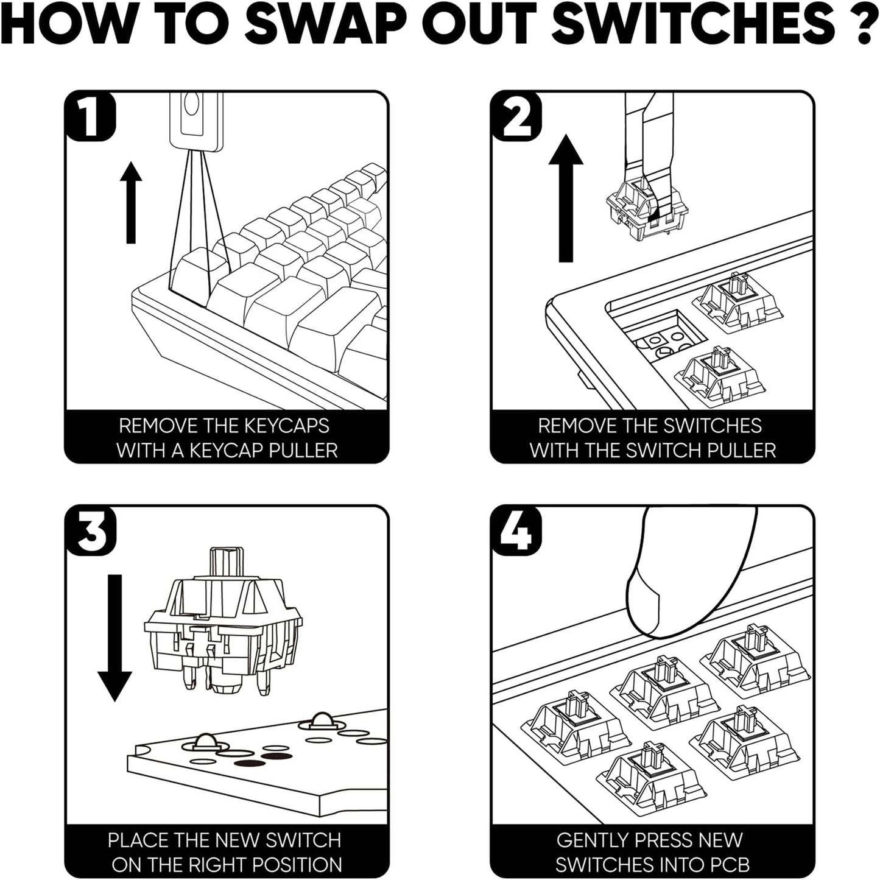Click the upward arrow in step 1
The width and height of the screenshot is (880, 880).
130,203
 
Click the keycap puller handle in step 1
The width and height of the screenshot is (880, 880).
195,119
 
